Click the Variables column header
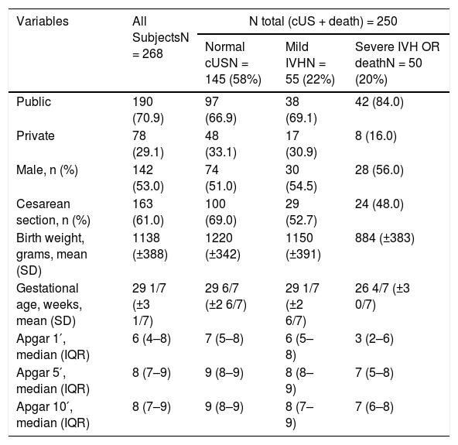(x=43, y=22)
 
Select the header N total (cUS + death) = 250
(x=323, y=22)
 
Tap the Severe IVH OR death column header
(x=397, y=63)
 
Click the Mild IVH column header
(x=310, y=63)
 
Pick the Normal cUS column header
(x=233, y=63)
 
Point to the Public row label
(x=33, y=102)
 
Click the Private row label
(x=36, y=136)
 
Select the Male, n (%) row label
(x=47, y=170)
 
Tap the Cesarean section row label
(x=53, y=212)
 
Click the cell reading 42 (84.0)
(x=379, y=102)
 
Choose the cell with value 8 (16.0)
(x=376, y=136)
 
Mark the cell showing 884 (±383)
(x=385, y=238)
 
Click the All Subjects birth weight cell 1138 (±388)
(x=150, y=246)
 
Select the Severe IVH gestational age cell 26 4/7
(x=382, y=296)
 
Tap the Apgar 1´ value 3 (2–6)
(x=374, y=339)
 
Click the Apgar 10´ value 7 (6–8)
(x=374, y=407)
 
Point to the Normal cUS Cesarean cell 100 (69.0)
(x=220, y=212)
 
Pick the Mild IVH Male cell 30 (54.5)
(x=301, y=178)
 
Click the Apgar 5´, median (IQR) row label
(x=53, y=381)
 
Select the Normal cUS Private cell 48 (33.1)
(x=220, y=145)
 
